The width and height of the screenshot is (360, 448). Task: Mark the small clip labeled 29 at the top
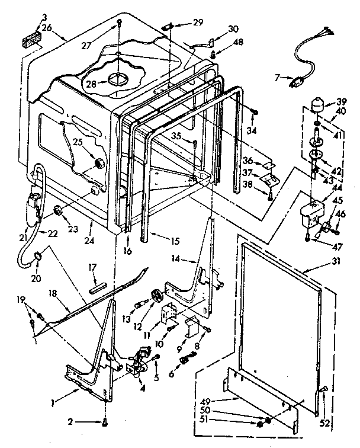(168, 25)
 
